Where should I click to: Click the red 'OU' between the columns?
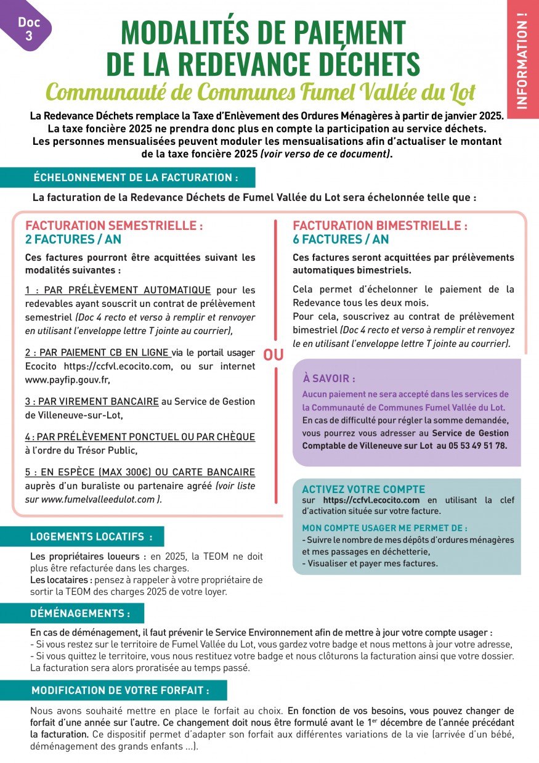click(x=274, y=355)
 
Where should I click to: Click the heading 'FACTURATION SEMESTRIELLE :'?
click(x=114, y=226)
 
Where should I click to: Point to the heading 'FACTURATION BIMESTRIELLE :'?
click(x=380, y=226)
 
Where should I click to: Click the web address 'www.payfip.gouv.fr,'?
click(x=68, y=380)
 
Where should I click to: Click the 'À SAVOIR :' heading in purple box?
click(x=329, y=378)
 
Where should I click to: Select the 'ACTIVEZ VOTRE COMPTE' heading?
click(x=363, y=489)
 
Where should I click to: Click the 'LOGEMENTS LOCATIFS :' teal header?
click(x=91, y=537)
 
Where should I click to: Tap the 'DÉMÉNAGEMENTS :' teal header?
click(x=80, y=613)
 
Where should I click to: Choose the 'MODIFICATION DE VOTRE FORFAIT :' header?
click(x=120, y=690)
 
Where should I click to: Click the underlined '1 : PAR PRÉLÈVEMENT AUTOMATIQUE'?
click(x=118, y=290)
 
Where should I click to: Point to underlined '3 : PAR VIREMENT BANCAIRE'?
click(x=92, y=401)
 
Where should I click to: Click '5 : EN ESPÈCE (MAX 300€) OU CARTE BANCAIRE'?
click(x=140, y=472)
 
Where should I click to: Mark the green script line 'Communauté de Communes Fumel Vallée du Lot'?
click(x=261, y=92)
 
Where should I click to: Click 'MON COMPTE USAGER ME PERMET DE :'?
click(x=384, y=528)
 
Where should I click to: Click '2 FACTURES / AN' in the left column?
click(x=73, y=239)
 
